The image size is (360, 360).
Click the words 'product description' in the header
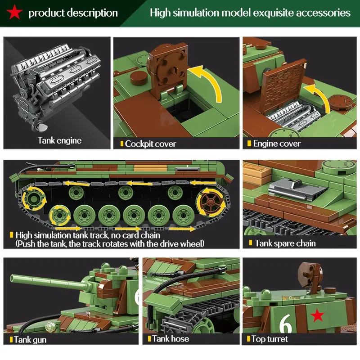pos(73,13)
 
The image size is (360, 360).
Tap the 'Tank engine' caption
pos(59,140)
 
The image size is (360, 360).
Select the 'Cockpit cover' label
pos(150,144)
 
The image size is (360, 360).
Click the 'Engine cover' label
pos(277,144)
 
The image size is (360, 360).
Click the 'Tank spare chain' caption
pos(285,243)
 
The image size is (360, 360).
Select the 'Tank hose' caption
pos(171,339)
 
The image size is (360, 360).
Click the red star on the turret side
pos(318,316)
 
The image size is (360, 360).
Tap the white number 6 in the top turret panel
pos(286,323)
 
